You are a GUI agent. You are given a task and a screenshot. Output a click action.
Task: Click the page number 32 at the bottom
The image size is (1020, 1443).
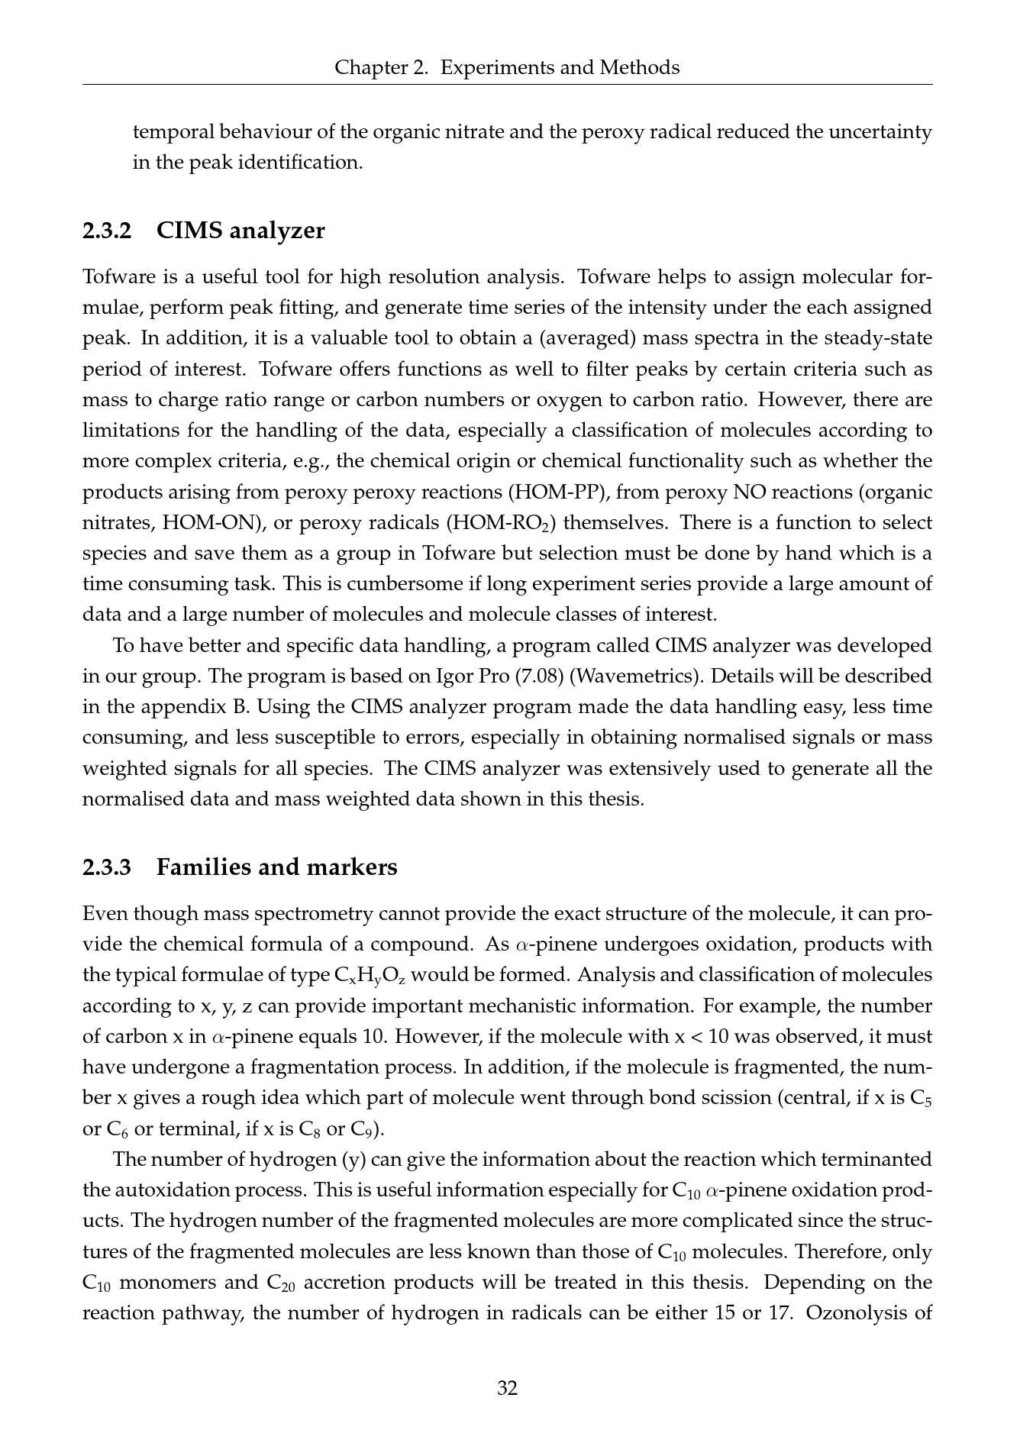click(508, 1387)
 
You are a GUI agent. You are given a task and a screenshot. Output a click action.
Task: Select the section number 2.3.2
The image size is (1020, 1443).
click(107, 231)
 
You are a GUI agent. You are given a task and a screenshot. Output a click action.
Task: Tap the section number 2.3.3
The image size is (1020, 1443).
click(107, 867)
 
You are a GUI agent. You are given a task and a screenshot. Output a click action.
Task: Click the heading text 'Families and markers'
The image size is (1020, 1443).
click(276, 867)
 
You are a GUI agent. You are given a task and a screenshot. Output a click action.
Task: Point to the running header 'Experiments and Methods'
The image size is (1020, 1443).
click(560, 68)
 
